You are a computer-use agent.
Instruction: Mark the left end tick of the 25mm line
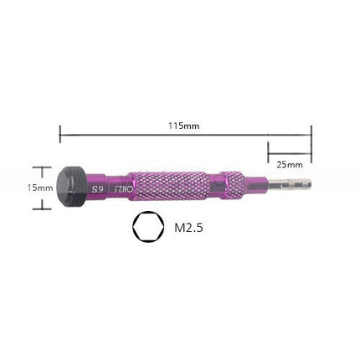tap(268, 152)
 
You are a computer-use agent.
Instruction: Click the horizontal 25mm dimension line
tap(289, 152)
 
